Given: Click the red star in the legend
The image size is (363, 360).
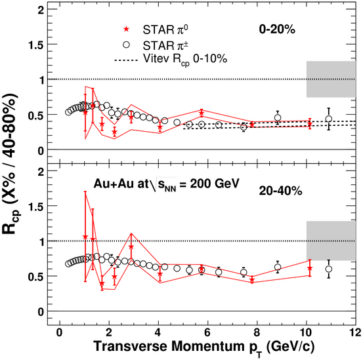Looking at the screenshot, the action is pyautogui.click(x=126, y=29).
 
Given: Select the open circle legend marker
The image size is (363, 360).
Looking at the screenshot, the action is pyautogui.click(x=126, y=45).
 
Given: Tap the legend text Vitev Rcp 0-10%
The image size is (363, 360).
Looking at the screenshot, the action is pyautogui.click(x=185, y=60).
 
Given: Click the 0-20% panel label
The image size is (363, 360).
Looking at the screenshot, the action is pyautogui.click(x=277, y=30).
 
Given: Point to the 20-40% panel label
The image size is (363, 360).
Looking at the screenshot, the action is pyautogui.click(x=280, y=191).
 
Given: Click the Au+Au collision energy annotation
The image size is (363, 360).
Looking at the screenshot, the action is pyautogui.click(x=166, y=184).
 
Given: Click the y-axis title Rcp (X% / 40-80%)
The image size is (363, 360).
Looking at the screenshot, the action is pyautogui.click(x=11, y=164).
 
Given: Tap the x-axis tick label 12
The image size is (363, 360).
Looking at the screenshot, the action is pyautogui.click(x=355, y=333).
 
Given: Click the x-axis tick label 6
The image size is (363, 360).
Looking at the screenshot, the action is pyautogui.click(x=207, y=333).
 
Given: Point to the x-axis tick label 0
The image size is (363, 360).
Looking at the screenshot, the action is pyautogui.click(x=60, y=333).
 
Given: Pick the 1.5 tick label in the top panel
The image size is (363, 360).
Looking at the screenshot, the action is pyautogui.click(x=36, y=45).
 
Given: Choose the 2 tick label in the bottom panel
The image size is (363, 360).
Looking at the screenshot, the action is pyautogui.click(x=41, y=172).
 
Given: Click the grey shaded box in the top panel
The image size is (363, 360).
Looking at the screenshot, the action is pyautogui.click(x=331, y=79).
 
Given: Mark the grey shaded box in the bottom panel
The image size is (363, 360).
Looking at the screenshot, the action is pyautogui.click(x=331, y=241).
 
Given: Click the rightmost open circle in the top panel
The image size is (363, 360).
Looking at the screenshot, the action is pyautogui.click(x=328, y=119).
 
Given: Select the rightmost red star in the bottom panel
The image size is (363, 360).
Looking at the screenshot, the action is pyautogui.click(x=310, y=268).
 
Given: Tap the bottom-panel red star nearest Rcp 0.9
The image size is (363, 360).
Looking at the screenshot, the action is pyautogui.click(x=131, y=247).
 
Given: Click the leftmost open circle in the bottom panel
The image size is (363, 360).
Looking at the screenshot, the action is pyautogui.click(x=68, y=264).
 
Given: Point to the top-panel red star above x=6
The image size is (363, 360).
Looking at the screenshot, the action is pyautogui.click(x=202, y=113).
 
